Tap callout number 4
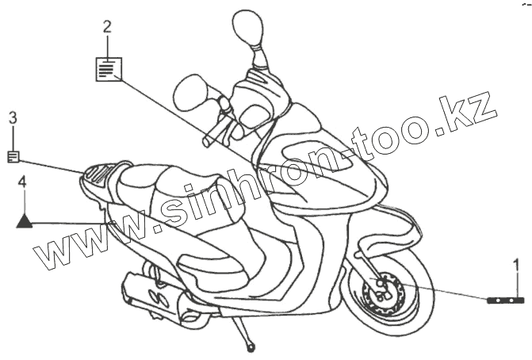tap(23, 182)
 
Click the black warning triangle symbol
tap(25, 220)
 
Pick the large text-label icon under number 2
tap(109, 69)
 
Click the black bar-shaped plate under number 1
tap(506, 301)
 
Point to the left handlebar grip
tap(209, 140)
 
